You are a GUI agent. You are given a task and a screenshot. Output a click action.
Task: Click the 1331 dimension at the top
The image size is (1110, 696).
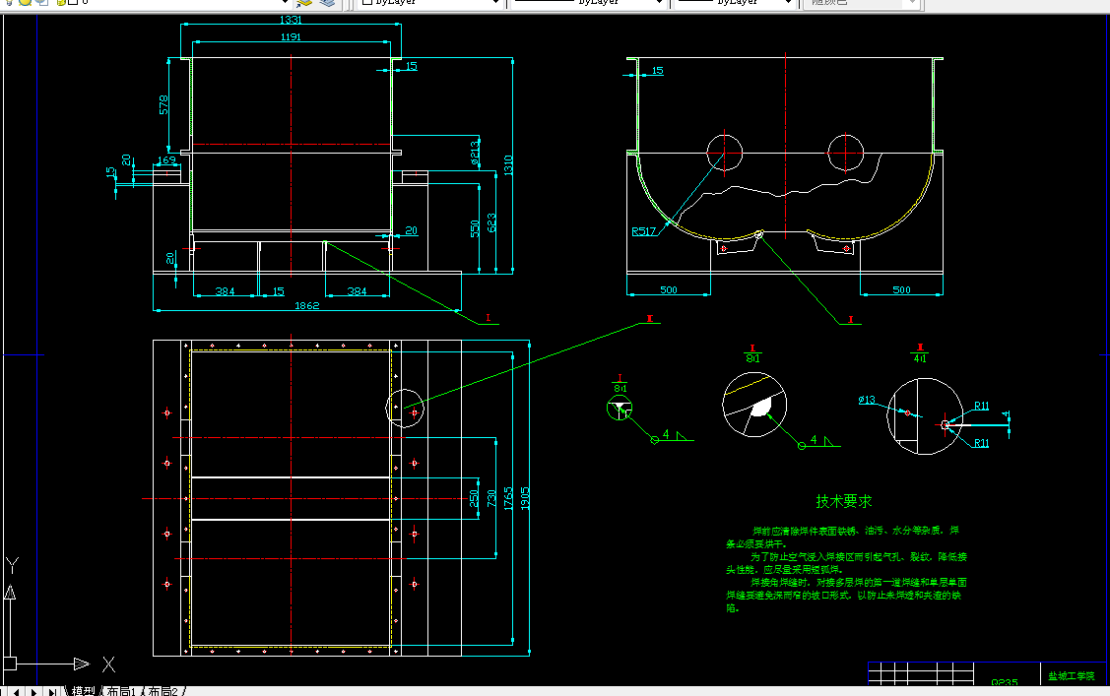tap(291, 20)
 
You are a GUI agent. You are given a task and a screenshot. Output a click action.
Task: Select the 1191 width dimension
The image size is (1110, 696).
tap(291, 37)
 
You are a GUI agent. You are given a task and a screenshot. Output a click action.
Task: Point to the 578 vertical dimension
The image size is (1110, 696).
tap(164, 104)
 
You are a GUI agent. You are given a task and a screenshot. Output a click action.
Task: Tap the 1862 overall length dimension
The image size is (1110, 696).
tap(307, 306)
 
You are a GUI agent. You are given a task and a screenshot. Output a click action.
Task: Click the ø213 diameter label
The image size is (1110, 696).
tap(474, 150)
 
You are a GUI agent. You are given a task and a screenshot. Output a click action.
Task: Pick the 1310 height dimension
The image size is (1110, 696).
tap(508, 165)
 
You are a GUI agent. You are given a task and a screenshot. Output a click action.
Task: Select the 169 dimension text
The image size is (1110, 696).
tap(166, 159)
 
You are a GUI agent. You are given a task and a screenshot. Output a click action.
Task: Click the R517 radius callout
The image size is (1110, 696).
tap(645, 232)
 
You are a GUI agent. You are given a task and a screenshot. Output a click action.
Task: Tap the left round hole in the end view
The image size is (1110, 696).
tap(724, 153)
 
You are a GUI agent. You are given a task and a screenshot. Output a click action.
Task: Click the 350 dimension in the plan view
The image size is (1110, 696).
tap(474, 498)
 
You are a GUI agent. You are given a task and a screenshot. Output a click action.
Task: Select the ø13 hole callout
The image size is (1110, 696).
tap(867, 400)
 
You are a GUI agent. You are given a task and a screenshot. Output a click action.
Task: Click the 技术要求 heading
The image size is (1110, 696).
tap(843, 501)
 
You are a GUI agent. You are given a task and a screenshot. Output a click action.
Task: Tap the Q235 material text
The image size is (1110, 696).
tap(1004, 681)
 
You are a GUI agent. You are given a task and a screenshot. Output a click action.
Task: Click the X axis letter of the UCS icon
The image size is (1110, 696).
tap(109, 664)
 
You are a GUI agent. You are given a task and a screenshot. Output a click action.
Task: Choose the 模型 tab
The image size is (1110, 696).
tap(82, 691)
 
